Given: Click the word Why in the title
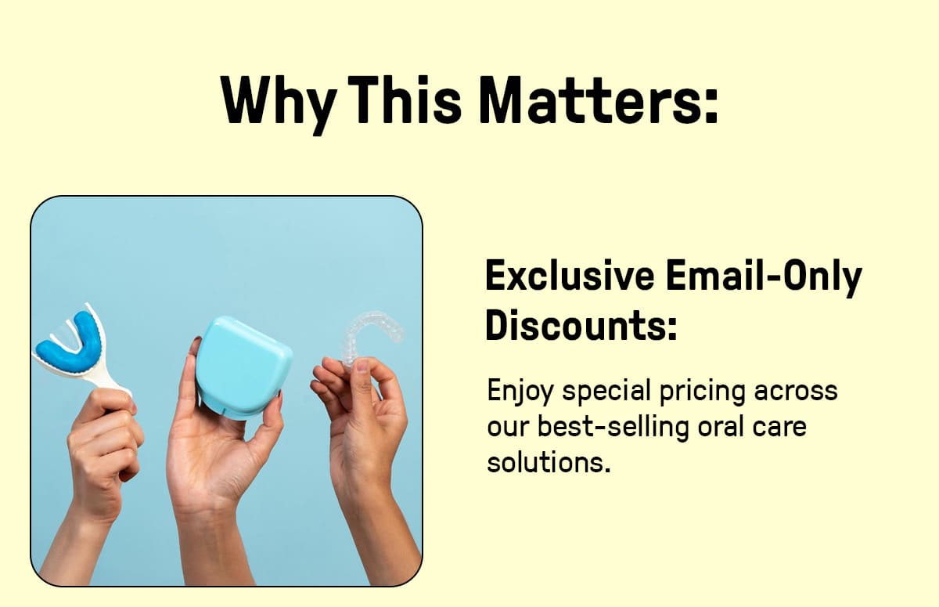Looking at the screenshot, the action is click(x=279, y=105).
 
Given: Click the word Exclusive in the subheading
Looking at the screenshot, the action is click(x=570, y=275).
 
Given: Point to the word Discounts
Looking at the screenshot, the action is click(x=581, y=326).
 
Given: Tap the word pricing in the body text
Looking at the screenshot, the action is click(x=702, y=392).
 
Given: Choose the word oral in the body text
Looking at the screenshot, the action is click(x=719, y=426).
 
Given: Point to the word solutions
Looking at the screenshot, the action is click(x=549, y=463).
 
